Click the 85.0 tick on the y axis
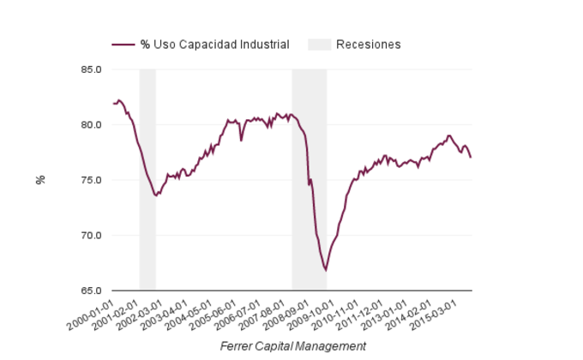(92, 69)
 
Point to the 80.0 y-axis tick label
(92, 125)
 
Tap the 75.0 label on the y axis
(92, 180)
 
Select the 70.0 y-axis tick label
(92, 236)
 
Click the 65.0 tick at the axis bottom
(92, 291)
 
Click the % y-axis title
(40, 180)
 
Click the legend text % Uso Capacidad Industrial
(214, 45)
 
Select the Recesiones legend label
(369, 45)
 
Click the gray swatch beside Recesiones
(319, 45)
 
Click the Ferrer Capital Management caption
(292, 345)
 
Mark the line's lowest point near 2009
(326, 270)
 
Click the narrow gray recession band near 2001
(147, 180)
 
